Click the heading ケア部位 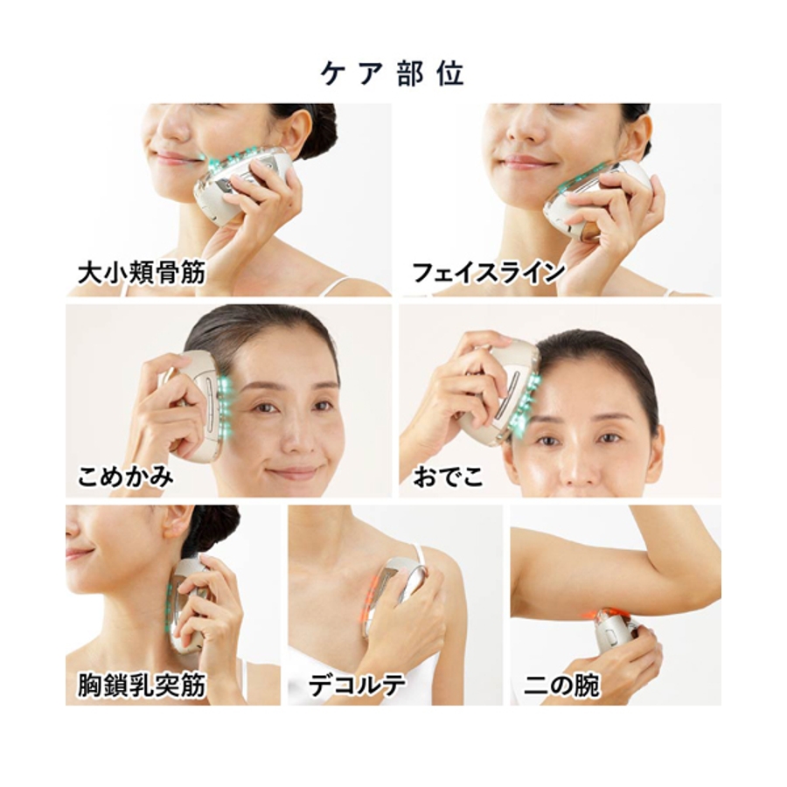pyautogui.click(x=392, y=74)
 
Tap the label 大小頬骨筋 pyautogui.click(x=142, y=274)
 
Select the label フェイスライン pyautogui.click(x=488, y=273)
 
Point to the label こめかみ pyautogui.click(x=125, y=476)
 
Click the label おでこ pyautogui.click(x=449, y=476)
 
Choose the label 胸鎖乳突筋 pyautogui.click(x=142, y=685)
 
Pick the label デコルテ pyautogui.click(x=357, y=685)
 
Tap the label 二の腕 pyautogui.click(x=561, y=685)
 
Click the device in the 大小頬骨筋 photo pyautogui.click(x=242, y=185)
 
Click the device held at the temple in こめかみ pyautogui.click(x=197, y=404)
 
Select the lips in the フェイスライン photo pyautogui.click(x=522, y=162)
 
